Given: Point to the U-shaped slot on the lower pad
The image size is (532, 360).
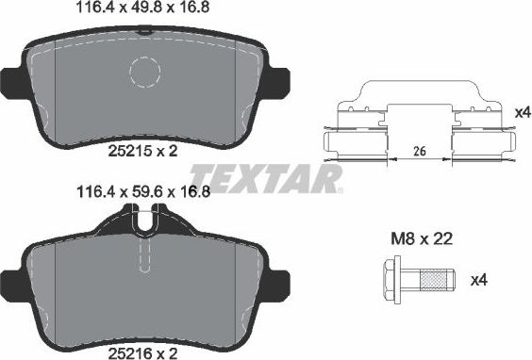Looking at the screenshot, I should [x=144, y=224].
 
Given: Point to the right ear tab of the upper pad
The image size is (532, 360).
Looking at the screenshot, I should [x=280, y=82].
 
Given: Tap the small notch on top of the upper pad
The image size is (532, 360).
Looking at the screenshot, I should [x=145, y=30].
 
